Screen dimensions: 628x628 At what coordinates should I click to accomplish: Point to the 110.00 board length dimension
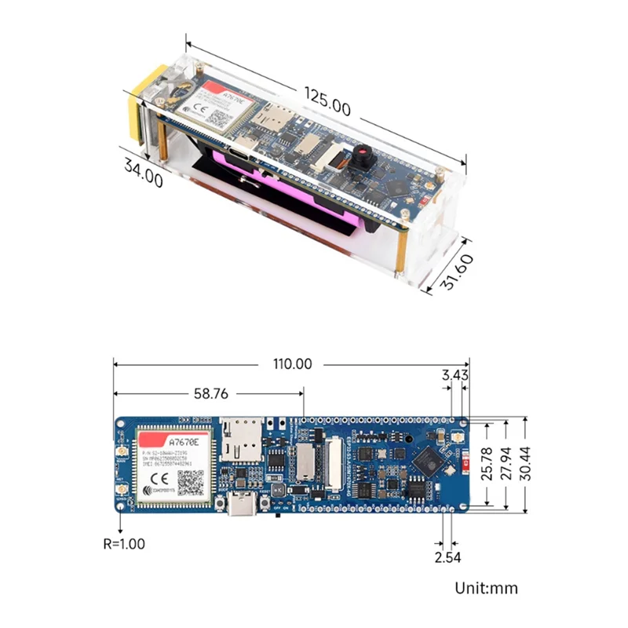click(291, 364)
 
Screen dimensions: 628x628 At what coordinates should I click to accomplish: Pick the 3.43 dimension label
click(455, 375)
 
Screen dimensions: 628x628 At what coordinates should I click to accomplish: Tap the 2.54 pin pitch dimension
click(447, 557)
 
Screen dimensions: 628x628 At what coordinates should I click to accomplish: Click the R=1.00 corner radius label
click(124, 542)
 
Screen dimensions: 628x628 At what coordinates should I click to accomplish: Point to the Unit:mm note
click(487, 588)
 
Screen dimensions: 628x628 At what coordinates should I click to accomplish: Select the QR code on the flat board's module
click(188, 480)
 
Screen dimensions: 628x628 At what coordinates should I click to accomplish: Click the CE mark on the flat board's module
click(156, 476)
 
